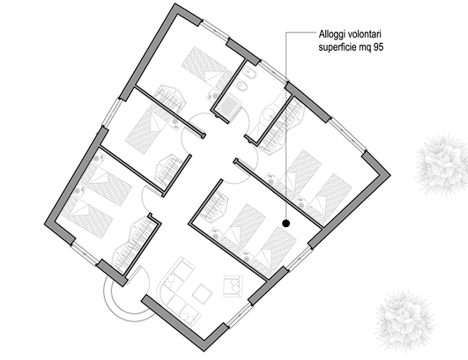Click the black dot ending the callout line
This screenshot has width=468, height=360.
[x=286, y=223]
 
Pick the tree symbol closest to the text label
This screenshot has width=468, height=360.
[x=441, y=165]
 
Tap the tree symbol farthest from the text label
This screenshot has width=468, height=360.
[x=404, y=320]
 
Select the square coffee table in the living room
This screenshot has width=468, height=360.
[x=202, y=294]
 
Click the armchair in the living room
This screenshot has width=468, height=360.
[x=233, y=286]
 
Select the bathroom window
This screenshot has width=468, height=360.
[x=273, y=71]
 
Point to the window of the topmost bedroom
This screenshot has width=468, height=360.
[x=215, y=30]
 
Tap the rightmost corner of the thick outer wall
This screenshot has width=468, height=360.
[x=390, y=175]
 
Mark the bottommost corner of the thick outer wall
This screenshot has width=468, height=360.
[x=204, y=351]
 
